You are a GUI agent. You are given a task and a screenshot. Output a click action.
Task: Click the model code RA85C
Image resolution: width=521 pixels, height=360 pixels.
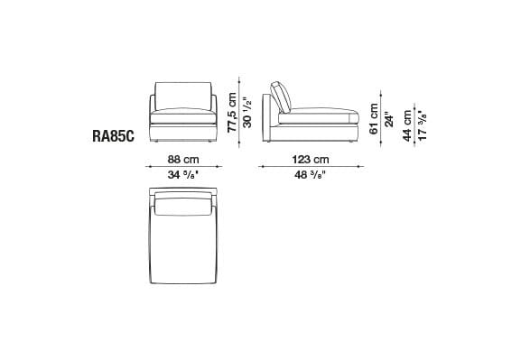[x=116, y=137]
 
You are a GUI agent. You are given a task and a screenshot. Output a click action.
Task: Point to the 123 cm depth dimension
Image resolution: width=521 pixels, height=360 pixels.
[x=310, y=160]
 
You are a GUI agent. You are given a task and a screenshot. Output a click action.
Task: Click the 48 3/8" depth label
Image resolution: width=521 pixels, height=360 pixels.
[x=310, y=175]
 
